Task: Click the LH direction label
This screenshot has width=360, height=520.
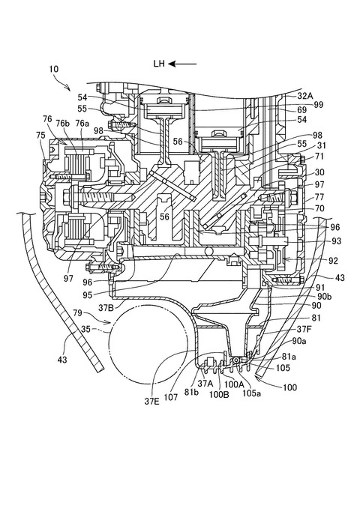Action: click(x=159, y=64)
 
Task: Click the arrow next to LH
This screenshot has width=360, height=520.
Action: click(x=182, y=64)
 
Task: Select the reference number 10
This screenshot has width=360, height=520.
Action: click(x=54, y=69)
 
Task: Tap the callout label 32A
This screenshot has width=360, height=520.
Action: click(x=305, y=96)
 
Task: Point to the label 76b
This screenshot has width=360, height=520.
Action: click(x=64, y=123)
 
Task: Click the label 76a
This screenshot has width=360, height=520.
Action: click(x=82, y=123)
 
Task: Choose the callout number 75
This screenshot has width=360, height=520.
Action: click(x=40, y=135)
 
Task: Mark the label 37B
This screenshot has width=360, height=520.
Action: click(x=106, y=308)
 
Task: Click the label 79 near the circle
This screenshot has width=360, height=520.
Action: click(x=78, y=312)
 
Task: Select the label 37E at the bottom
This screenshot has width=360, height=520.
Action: click(x=152, y=402)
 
